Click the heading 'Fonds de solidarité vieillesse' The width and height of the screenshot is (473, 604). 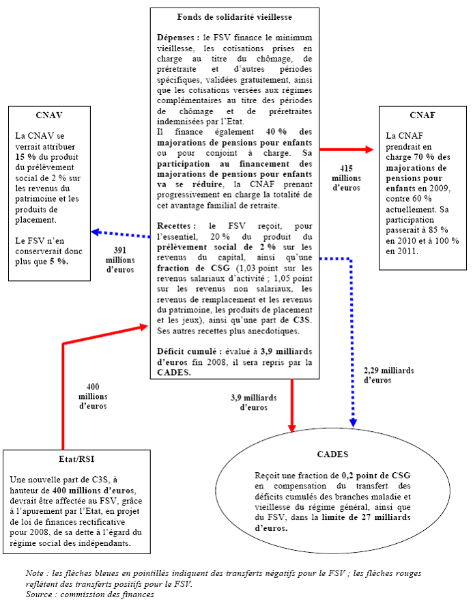point(234,16)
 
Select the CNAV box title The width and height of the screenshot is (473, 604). point(48,115)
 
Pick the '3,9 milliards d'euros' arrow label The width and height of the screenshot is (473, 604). point(254,402)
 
